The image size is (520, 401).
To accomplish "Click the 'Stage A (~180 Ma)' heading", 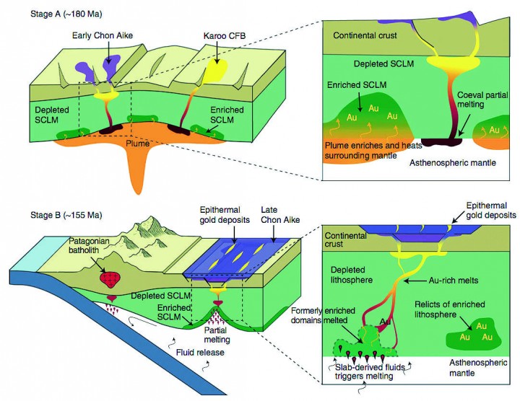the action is coord(66,14).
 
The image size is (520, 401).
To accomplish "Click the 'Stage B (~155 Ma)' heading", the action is coord(66,215).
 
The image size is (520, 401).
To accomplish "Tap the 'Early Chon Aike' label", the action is coord(103,35).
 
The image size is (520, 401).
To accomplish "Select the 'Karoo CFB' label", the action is coord(225,35).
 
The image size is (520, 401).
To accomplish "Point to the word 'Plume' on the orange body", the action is coord(137,144).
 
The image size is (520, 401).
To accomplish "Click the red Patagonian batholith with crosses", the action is coord(110,280).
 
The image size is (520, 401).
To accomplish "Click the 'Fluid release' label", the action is coord(200,353).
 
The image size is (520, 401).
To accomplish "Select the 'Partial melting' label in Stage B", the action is coord(215,335).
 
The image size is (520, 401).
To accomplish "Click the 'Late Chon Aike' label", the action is coord(280,215).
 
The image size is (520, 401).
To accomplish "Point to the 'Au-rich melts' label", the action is coord(454,281).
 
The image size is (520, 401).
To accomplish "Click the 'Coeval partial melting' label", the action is coord(483,100).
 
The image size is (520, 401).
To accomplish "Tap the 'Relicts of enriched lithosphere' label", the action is coord(450,309).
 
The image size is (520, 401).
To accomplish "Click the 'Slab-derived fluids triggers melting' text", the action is coord(370,371).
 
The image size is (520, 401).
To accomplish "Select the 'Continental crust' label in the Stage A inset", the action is coord(365,35).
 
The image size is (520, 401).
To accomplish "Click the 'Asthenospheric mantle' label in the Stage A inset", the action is coord(453,163).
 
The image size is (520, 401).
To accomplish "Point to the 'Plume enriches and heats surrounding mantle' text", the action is coord(373,150).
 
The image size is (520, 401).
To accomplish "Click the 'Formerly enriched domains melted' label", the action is coord(323,316).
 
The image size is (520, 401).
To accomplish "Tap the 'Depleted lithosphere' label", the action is coord(352,275).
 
